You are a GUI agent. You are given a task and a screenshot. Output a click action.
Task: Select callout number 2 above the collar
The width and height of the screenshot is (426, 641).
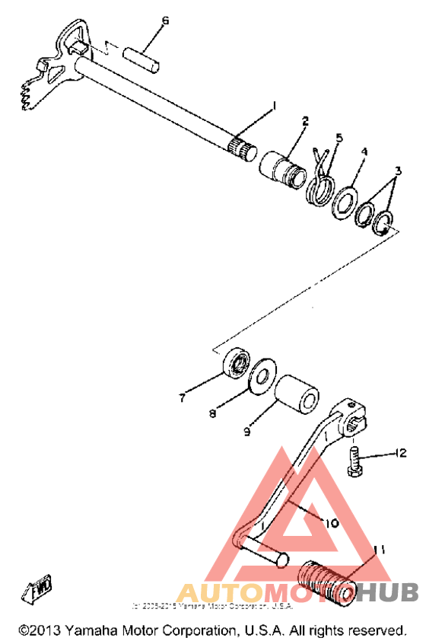[305, 120]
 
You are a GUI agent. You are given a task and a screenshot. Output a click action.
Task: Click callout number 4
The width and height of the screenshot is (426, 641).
[364, 151]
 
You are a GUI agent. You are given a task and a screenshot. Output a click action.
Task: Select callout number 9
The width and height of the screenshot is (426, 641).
[247, 432]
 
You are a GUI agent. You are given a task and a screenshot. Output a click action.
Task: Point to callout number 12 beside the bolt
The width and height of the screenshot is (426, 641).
[400, 454]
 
